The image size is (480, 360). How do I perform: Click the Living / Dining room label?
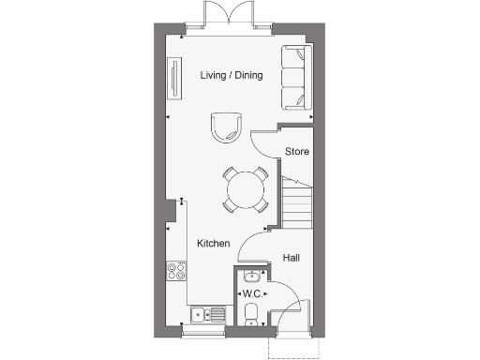pos(232,75)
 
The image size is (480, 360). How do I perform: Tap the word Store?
pos(297,151)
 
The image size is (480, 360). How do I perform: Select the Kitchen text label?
pos(213,244)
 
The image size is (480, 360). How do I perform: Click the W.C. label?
pos(251,294)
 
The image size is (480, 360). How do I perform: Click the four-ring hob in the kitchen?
pos(175,272)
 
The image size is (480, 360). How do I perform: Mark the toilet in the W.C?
pos(250,317)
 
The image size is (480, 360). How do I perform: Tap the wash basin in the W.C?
pos(251,277)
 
